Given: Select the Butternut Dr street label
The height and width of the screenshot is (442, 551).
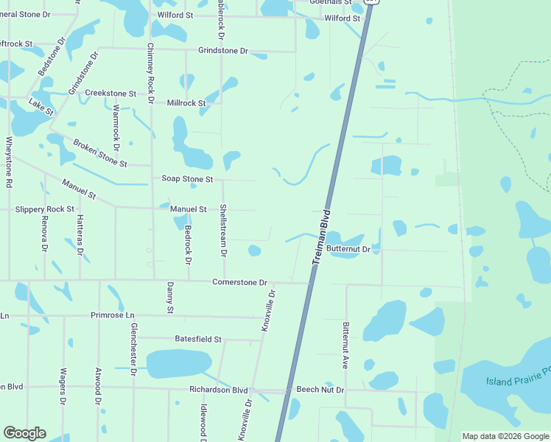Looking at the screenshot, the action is click(x=353, y=250).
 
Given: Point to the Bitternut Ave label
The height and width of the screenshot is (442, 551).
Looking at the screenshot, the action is click(x=344, y=345).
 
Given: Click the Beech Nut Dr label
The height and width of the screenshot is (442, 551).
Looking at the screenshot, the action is click(x=320, y=388).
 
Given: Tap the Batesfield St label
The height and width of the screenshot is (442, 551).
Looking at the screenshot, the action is click(x=198, y=339).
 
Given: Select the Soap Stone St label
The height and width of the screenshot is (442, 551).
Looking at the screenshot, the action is click(x=187, y=179).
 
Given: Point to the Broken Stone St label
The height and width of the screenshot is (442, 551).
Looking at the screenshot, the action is click(x=100, y=153).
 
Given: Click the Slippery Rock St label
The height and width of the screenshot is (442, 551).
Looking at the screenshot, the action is click(x=44, y=209).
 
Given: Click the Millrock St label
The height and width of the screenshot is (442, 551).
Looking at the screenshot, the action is click(x=186, y=103).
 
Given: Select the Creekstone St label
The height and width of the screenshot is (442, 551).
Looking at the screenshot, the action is click(x=110, y=94).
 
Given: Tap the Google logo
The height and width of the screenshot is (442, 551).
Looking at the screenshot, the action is click(x=24, y=433).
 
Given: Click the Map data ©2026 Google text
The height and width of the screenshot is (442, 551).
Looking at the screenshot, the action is click(x=505, y=436).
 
